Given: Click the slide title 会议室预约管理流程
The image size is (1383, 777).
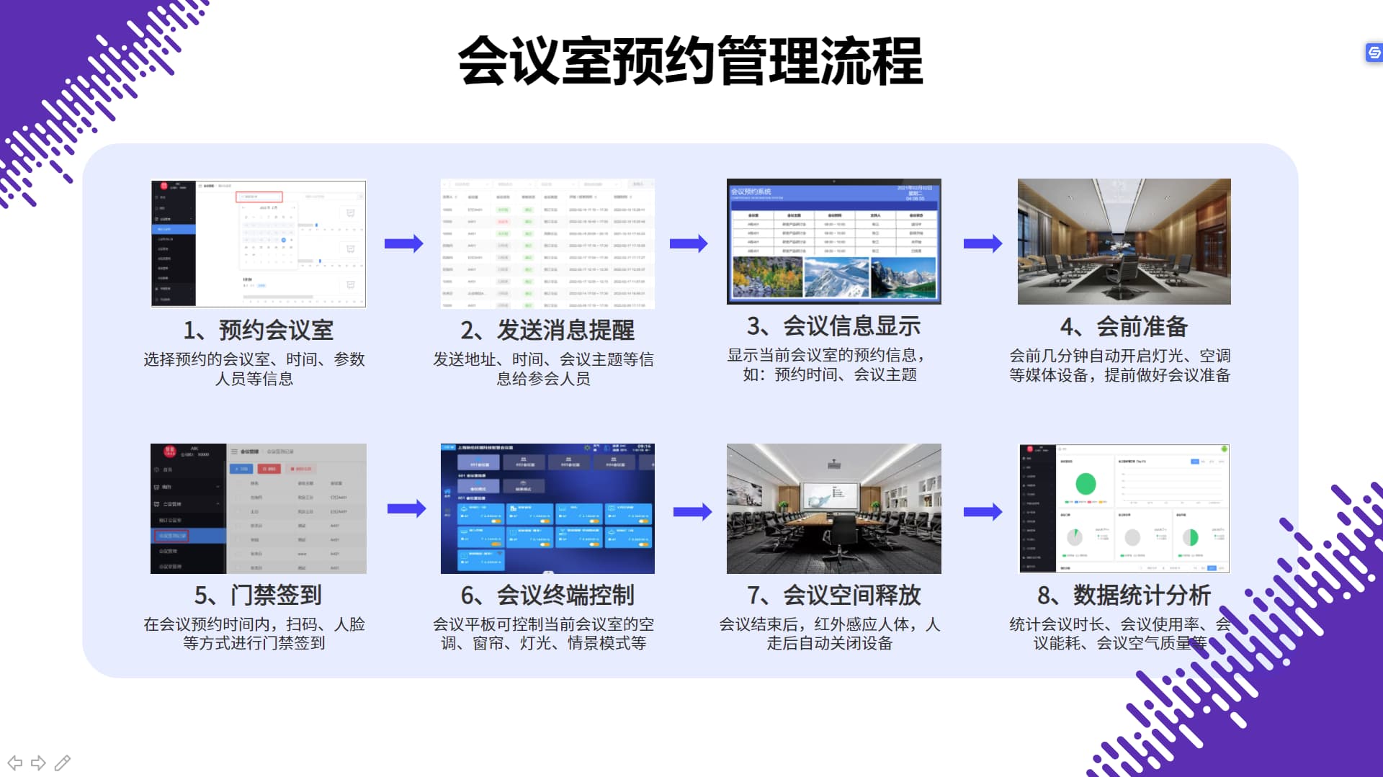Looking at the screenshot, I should click(x=690, y=61).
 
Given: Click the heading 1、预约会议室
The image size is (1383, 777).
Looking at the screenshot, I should click(x=258, y=330).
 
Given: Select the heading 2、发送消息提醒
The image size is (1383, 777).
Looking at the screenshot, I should click(x=547, y=330).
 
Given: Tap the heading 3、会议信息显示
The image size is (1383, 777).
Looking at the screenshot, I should click(x=833, y=326).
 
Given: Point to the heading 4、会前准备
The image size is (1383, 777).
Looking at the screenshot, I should click(x=1124, y=327).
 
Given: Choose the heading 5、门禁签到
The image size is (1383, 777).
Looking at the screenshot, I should click(x=258, y=595).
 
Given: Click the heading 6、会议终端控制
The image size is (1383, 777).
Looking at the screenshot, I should click(x=547, y=595).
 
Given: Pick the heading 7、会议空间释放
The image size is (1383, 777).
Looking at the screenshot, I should click(x=833, y=595).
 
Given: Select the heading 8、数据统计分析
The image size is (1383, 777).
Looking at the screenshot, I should click(x=1124, y=595).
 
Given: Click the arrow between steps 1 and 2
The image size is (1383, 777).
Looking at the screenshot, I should click(x=403, y=243).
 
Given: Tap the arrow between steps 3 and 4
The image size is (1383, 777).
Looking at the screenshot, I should click(x=983, y=243).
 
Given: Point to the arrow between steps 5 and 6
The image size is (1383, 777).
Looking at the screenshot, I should click(x=406, y=509).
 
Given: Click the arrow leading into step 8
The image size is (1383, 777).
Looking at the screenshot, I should click(x=983, y=511).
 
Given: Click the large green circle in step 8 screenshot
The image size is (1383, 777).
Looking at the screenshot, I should click(x=1086, y=483).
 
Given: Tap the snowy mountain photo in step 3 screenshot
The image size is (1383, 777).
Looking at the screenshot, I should click(x=836, y=277).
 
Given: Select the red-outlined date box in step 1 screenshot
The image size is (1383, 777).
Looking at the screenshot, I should click(x=259, y=197).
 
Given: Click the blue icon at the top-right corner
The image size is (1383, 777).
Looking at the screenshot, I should click(x=1374, y=53).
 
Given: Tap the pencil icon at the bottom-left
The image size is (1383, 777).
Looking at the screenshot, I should click(x=63, y=763).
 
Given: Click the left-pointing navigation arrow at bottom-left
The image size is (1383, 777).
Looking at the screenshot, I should click(x=14, y=763).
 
